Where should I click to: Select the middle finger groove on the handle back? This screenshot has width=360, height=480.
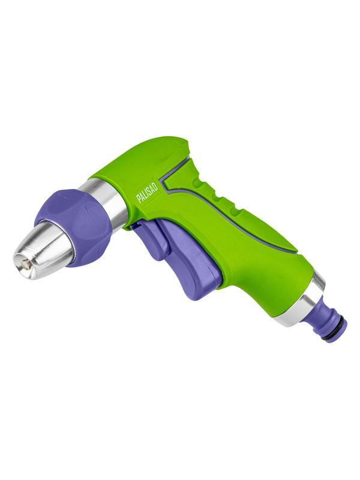click(216, 199)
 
